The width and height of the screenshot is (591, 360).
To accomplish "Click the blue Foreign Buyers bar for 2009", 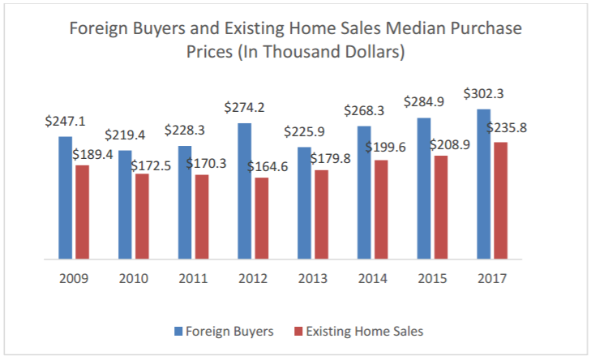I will click(65, 198).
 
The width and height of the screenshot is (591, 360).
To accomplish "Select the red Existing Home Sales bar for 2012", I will click(261, 218).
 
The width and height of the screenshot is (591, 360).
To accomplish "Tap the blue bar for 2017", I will click(483, 184).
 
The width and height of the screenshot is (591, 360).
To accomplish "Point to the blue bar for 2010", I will click(125, 204).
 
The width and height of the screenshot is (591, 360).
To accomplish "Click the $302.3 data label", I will click(484, 94).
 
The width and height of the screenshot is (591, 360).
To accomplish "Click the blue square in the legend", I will click(178, 331).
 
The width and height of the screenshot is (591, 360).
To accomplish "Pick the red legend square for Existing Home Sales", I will click(299, 331).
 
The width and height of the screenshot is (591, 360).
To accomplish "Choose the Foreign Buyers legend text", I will click(229, 331).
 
